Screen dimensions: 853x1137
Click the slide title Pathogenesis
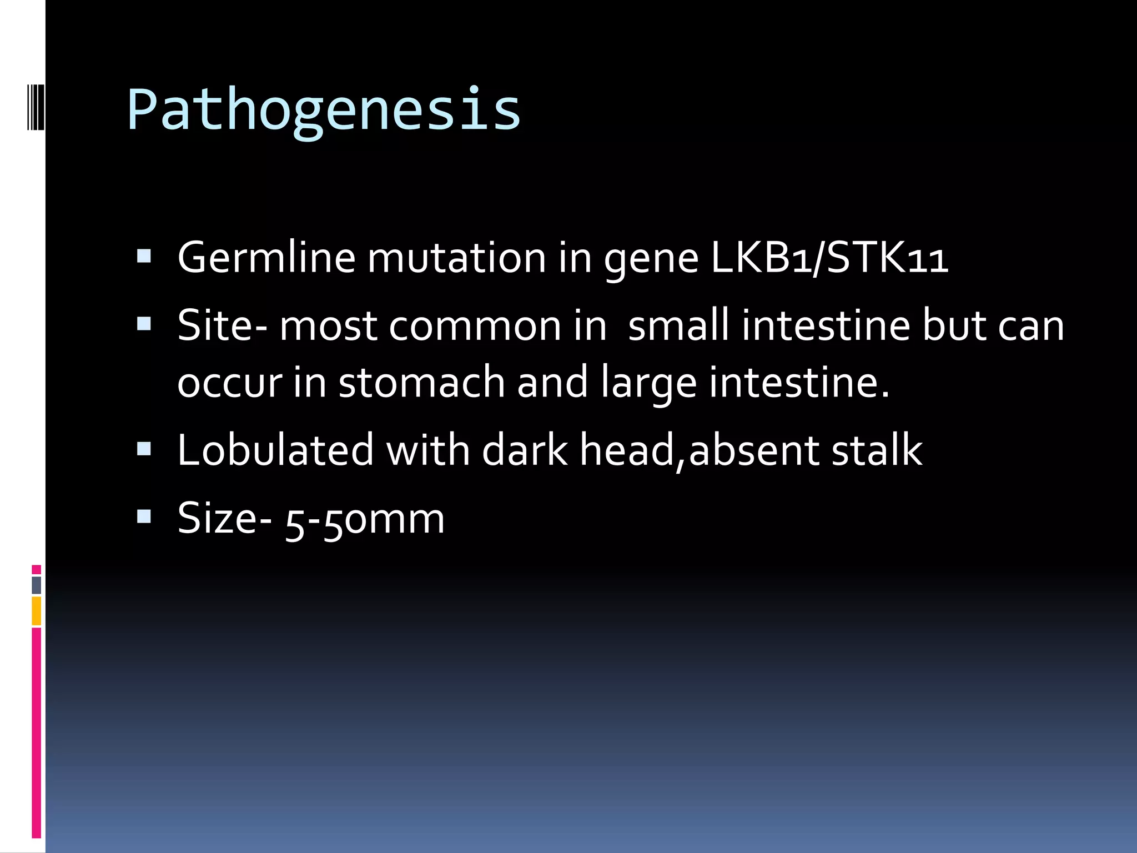pyautogui.click(x=324, y=110)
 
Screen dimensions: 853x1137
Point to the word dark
pyautogui.click(x=525, y=450)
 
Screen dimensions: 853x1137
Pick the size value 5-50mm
pyautogui.click(x=365, y=519)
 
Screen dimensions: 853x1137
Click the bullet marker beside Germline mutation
pyautogui.click(x=144, y=256)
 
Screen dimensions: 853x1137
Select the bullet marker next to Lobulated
pyautogui.click(x=144, y=448)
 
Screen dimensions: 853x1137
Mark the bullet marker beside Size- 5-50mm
pyautogui.click(x=144, y=517)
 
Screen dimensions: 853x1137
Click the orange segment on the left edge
pyautogui.click(x=37, y=611)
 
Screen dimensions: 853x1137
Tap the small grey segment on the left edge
pyautogui.click(x=37, y=585)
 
